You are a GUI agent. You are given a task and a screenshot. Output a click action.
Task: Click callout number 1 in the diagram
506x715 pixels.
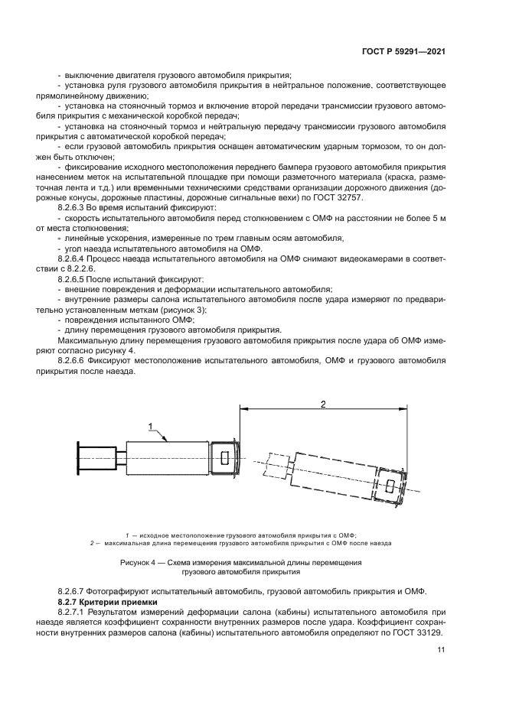(x=151, y=426)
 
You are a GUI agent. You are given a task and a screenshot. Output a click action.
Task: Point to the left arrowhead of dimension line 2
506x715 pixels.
(x=244, y=409)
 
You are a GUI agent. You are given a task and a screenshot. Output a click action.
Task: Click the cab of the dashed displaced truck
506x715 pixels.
(x=391, y=485)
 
